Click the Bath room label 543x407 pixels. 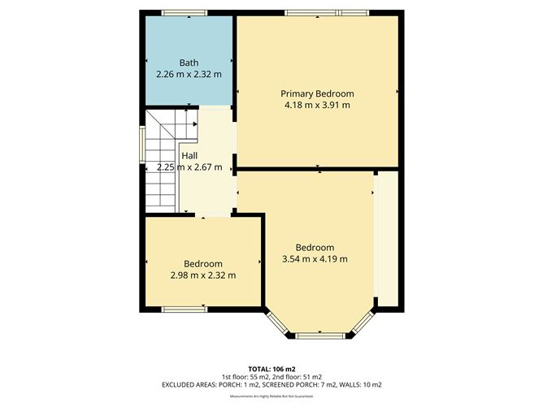pyautogui.click(x=189, y=63)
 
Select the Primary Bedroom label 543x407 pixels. pyautogui.click(x=317, y=93)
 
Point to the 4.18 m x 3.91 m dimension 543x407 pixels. pyautogui.click(x=317, y=105)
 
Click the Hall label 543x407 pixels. pyautogui.click(x=189, y=156)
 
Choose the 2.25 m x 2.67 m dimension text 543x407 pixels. pyautogui.click(x=189, y=167)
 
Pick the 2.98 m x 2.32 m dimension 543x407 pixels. pyautogui.click(x=202, y=275)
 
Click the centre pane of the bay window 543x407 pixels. pyautogui.click(x=318, y=336)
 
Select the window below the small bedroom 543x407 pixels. pyautogui.click(x=185, y=309)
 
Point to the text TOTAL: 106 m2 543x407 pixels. pyautogui.click(x=271, y=368)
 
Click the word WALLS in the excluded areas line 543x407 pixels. pyautogui.click(x=347, y=384)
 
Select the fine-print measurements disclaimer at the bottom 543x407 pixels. pyautogui.click(x=271, y=396)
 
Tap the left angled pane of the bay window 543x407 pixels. pyautogui.click(x=279, y=324)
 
